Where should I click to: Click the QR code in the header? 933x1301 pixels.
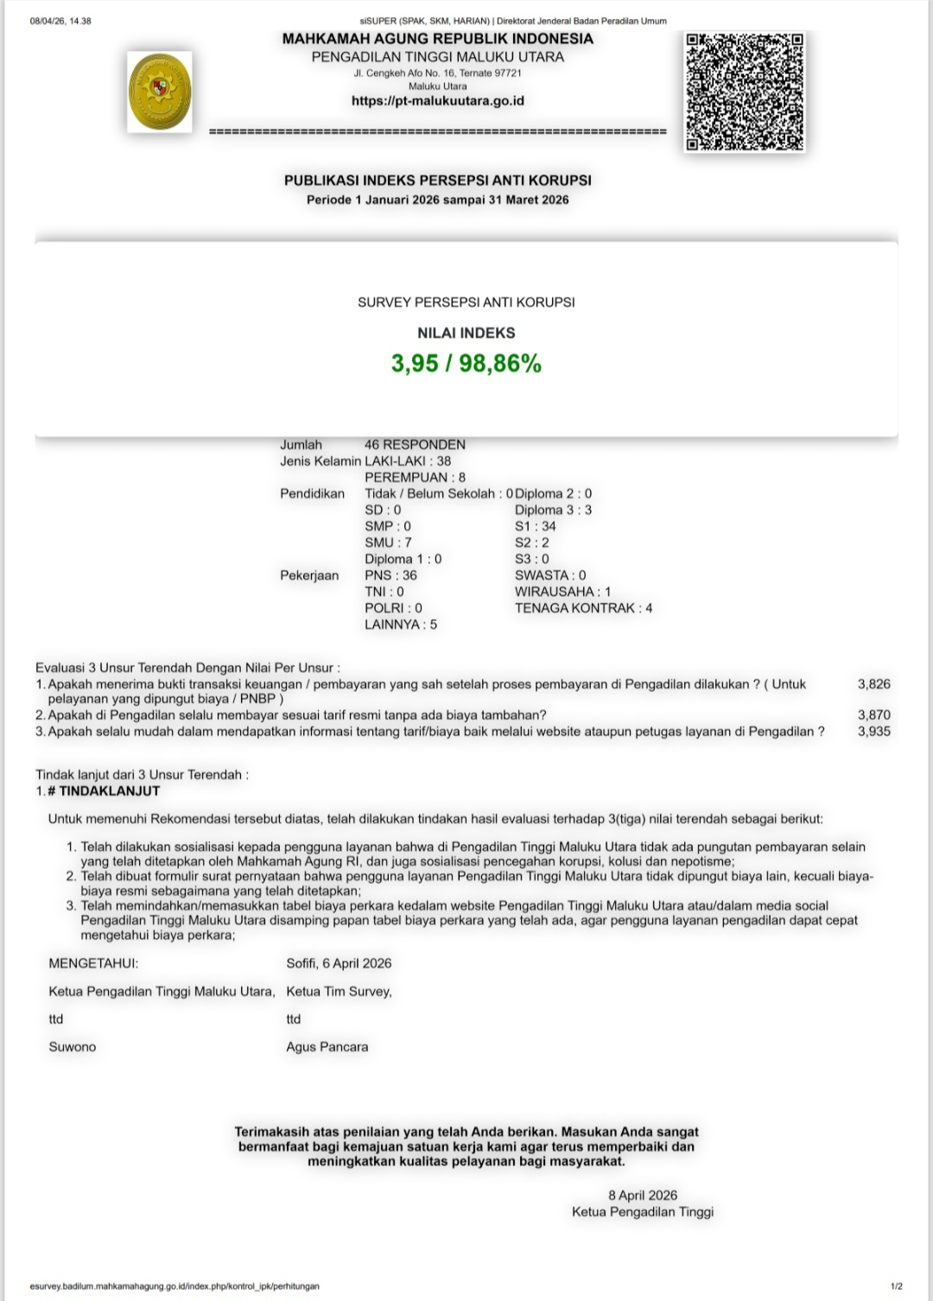[x=744, y=92]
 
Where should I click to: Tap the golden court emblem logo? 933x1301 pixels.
[x=160, y=92]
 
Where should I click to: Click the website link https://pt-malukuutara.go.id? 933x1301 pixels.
[x=437, y=101]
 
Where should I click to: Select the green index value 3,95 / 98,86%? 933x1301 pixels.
[x=466, y=364]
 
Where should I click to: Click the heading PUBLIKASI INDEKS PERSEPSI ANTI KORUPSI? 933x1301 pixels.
[x=438, y=181]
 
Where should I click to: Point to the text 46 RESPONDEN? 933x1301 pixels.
[x=415, y=445]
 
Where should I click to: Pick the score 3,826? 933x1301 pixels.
[x=873, y=684]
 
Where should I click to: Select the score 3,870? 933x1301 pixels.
[x=873, y=715]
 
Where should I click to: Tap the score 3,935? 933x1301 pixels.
[x=873, y=732]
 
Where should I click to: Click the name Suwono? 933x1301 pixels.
[x=73, y=1047]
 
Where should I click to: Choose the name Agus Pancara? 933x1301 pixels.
[x=327, y=1047]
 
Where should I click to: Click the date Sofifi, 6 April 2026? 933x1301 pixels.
[x=339, y=963]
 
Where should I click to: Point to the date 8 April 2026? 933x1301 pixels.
[x=643, y=1196]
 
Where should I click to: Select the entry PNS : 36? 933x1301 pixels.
[x=390, y=575]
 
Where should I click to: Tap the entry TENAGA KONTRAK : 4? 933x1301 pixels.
[x=583, y=608]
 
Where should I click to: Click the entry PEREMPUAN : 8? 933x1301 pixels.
[x=415, y=478]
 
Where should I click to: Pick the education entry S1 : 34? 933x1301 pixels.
[x=536, y=526]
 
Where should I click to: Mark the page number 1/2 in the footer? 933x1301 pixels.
[x=896, y=1286]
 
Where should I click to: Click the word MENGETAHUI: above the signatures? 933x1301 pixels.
[x=93, y=963]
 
